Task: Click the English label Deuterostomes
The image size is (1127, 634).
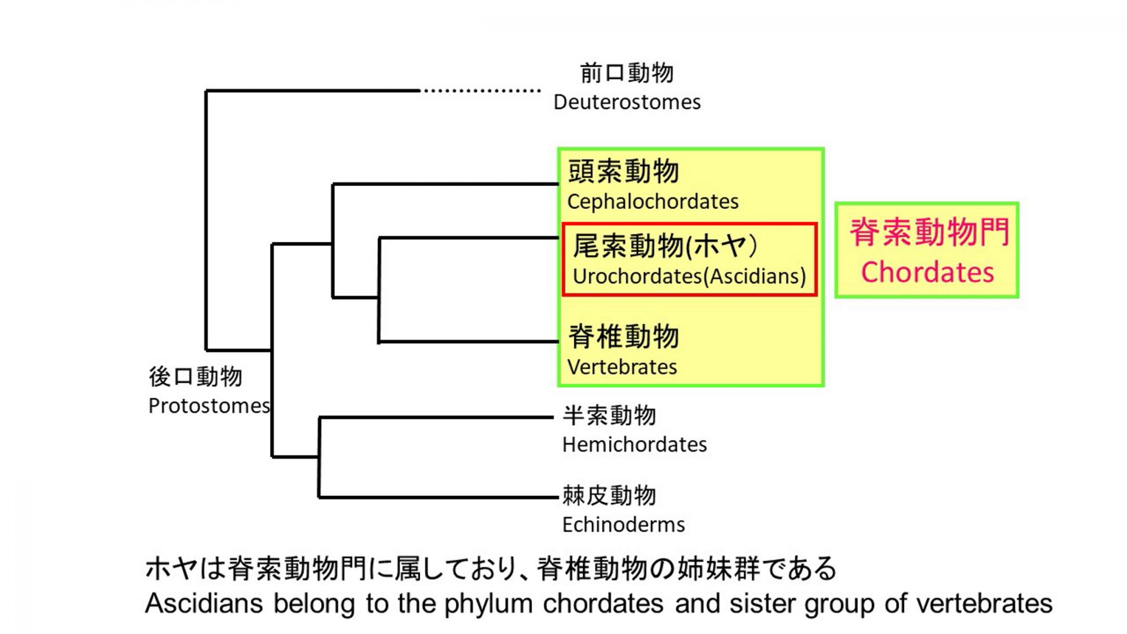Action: (627, 103)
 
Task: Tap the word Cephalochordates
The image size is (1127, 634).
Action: (653, 202)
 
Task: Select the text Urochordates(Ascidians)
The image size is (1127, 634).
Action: (689, 277)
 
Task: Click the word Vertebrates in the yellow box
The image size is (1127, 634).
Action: (622, 367)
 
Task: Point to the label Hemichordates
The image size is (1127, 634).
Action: (634, 445)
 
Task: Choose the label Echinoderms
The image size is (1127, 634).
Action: (623, 525)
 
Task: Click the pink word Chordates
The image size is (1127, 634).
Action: (927, 273)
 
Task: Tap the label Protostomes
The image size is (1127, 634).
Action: (209, 406)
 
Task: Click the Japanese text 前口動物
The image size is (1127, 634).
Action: (627, 73)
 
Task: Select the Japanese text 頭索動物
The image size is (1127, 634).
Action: (623, 171)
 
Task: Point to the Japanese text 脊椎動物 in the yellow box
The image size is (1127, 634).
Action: (623, 336)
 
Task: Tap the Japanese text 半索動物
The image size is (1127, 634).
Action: (609, 416)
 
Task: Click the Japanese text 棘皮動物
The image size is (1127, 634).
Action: (609, 496)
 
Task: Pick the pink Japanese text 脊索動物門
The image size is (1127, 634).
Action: (929, 232)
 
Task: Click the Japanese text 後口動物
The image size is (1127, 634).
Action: (196, 377)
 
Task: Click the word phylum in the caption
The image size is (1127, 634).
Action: (488, 604)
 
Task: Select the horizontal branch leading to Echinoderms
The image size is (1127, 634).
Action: (438, 497)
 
